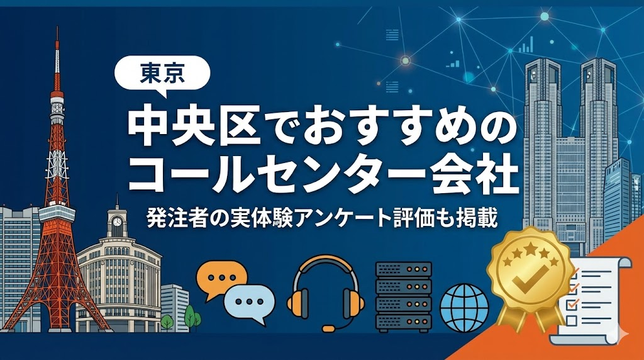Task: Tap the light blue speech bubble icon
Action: (250, 301)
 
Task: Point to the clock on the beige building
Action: (116, 222)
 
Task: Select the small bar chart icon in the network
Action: (526, 45)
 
